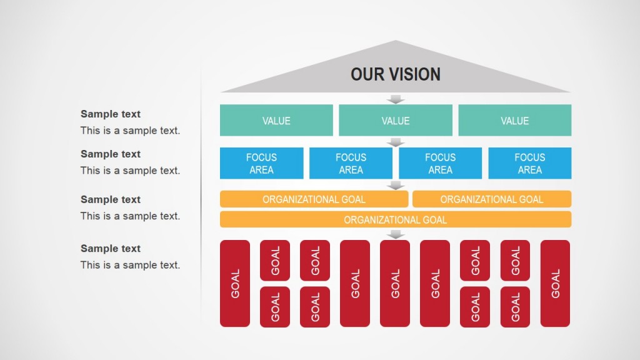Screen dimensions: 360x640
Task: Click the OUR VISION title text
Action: [x=395, y=74]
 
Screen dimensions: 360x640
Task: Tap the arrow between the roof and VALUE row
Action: [x=395, y=99]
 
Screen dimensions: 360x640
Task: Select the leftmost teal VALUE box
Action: [x=276, y=121]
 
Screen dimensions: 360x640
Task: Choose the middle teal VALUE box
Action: [x=395, y=121]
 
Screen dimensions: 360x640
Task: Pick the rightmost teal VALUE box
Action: [x=514, y=121]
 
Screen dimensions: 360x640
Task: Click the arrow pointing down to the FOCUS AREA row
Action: [x=395, y=142]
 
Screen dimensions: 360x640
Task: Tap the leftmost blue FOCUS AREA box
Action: [x=261, y=163]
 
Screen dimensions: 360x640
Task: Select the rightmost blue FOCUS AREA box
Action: [x=529, y=163]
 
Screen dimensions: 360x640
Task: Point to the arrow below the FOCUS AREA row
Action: [x=395, y=185]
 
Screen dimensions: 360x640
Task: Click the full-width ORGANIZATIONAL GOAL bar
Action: [x=395, y=219]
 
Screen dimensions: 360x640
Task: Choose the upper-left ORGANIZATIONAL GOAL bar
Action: [x=314, y=199]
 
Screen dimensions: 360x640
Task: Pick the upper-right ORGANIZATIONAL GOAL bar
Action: [x=492, y=199]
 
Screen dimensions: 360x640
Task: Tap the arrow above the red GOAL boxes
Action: [x=395, y=234]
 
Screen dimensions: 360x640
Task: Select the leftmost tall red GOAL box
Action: [x=235, y=283]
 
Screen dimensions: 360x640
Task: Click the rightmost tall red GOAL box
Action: [x=555, y=283]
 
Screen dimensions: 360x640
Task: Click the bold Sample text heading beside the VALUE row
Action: [x=111, y=114]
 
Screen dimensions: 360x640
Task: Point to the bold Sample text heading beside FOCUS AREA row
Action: [x=111, y=154]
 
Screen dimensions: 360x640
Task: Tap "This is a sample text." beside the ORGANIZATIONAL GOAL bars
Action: [x=130, y=216]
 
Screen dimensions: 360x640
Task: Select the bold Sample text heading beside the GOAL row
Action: [x=111, y=249]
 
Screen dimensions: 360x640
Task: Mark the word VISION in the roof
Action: [x=416, y=74]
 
